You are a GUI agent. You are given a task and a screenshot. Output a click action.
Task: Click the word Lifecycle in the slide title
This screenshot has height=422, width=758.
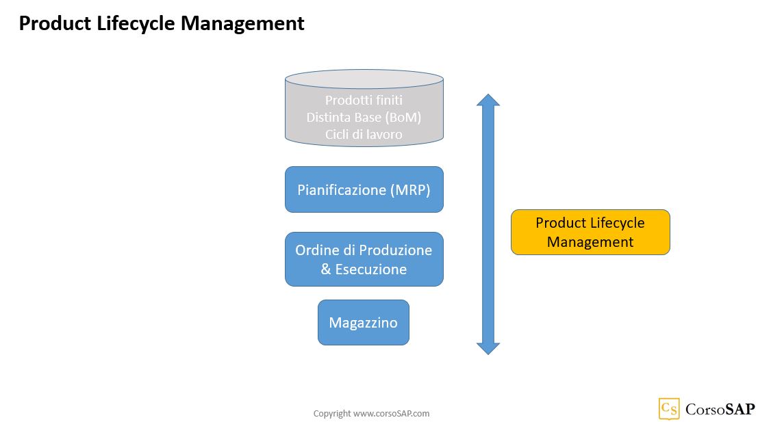[x=136, y=24]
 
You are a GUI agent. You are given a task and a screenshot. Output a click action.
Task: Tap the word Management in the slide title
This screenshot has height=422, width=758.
[x=242, y=24]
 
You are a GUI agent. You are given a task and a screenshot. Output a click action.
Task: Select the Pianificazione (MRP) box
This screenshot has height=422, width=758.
[x=364, y=189]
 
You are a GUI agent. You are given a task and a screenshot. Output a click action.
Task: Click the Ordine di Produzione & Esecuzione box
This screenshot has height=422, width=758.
[x=364, y=259]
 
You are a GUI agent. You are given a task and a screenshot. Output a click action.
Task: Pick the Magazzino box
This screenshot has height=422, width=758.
[x=364, y=323]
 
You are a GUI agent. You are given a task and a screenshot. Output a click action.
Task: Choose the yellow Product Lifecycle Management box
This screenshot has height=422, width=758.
[x=590, y=233]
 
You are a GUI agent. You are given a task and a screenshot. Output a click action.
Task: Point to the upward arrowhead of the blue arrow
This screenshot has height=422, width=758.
[x=488, y=99]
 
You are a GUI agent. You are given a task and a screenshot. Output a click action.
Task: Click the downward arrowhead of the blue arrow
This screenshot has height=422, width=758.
[x=488, y=349]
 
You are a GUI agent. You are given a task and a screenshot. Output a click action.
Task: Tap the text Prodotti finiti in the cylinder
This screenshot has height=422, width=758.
[x=364, y=100]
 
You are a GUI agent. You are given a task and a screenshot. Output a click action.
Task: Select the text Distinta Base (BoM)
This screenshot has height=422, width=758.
[x=364, y=118]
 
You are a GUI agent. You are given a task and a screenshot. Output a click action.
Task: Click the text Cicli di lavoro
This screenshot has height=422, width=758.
[x=364, y=134]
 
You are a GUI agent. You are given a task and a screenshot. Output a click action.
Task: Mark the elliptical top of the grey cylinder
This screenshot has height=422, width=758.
[x=364, y=79]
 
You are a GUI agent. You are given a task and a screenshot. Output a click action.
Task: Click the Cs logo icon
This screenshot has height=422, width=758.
[x=669, y=409]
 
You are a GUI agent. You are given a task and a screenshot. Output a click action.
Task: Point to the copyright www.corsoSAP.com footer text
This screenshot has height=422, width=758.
[x=371, y=413]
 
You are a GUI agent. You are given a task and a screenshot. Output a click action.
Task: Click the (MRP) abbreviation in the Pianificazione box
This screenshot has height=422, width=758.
[x=410, y=189]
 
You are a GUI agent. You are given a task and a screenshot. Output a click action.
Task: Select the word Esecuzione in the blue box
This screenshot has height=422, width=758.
[x=370, y=269]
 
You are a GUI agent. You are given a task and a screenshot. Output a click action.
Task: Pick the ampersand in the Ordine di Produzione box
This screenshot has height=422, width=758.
[x=326, y=269]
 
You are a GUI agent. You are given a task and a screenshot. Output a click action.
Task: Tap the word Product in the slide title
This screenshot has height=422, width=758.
[x=55, y=24]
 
